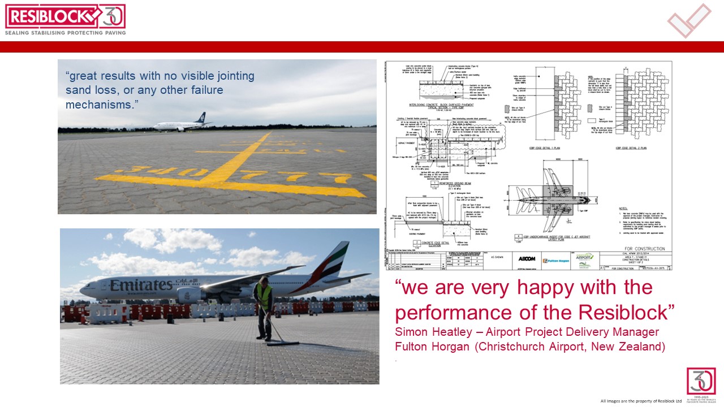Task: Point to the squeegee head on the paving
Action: [283, 343]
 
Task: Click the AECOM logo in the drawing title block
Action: [527, 258]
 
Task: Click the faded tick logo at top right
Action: [688, 21]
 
